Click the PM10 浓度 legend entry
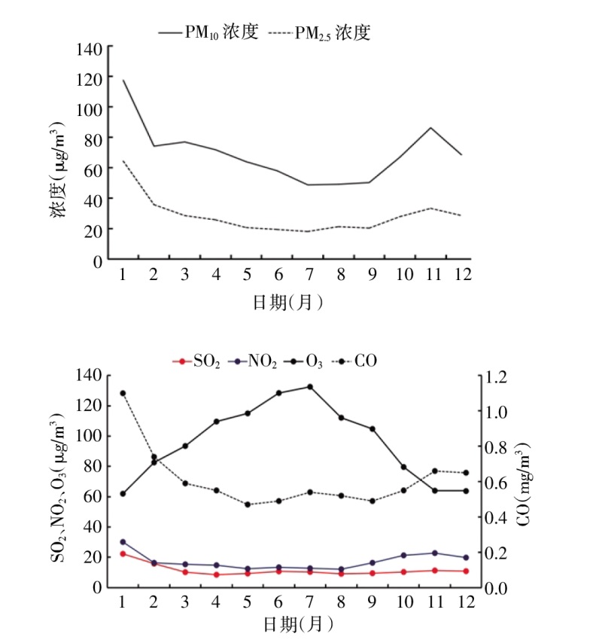pyautogui.click(x=208, y=32)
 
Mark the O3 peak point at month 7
pyautogui.click(x=309, y=387)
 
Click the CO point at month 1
pyautogui.click(x=122, y=393)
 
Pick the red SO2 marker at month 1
pyautogui.click(x=122, y=553)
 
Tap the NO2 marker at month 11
pyautogui.click(x=435, y=553)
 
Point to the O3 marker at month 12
pyautogui.click(x=466, y=491)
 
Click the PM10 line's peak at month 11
pyautogui.click(x=431, y=127)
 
